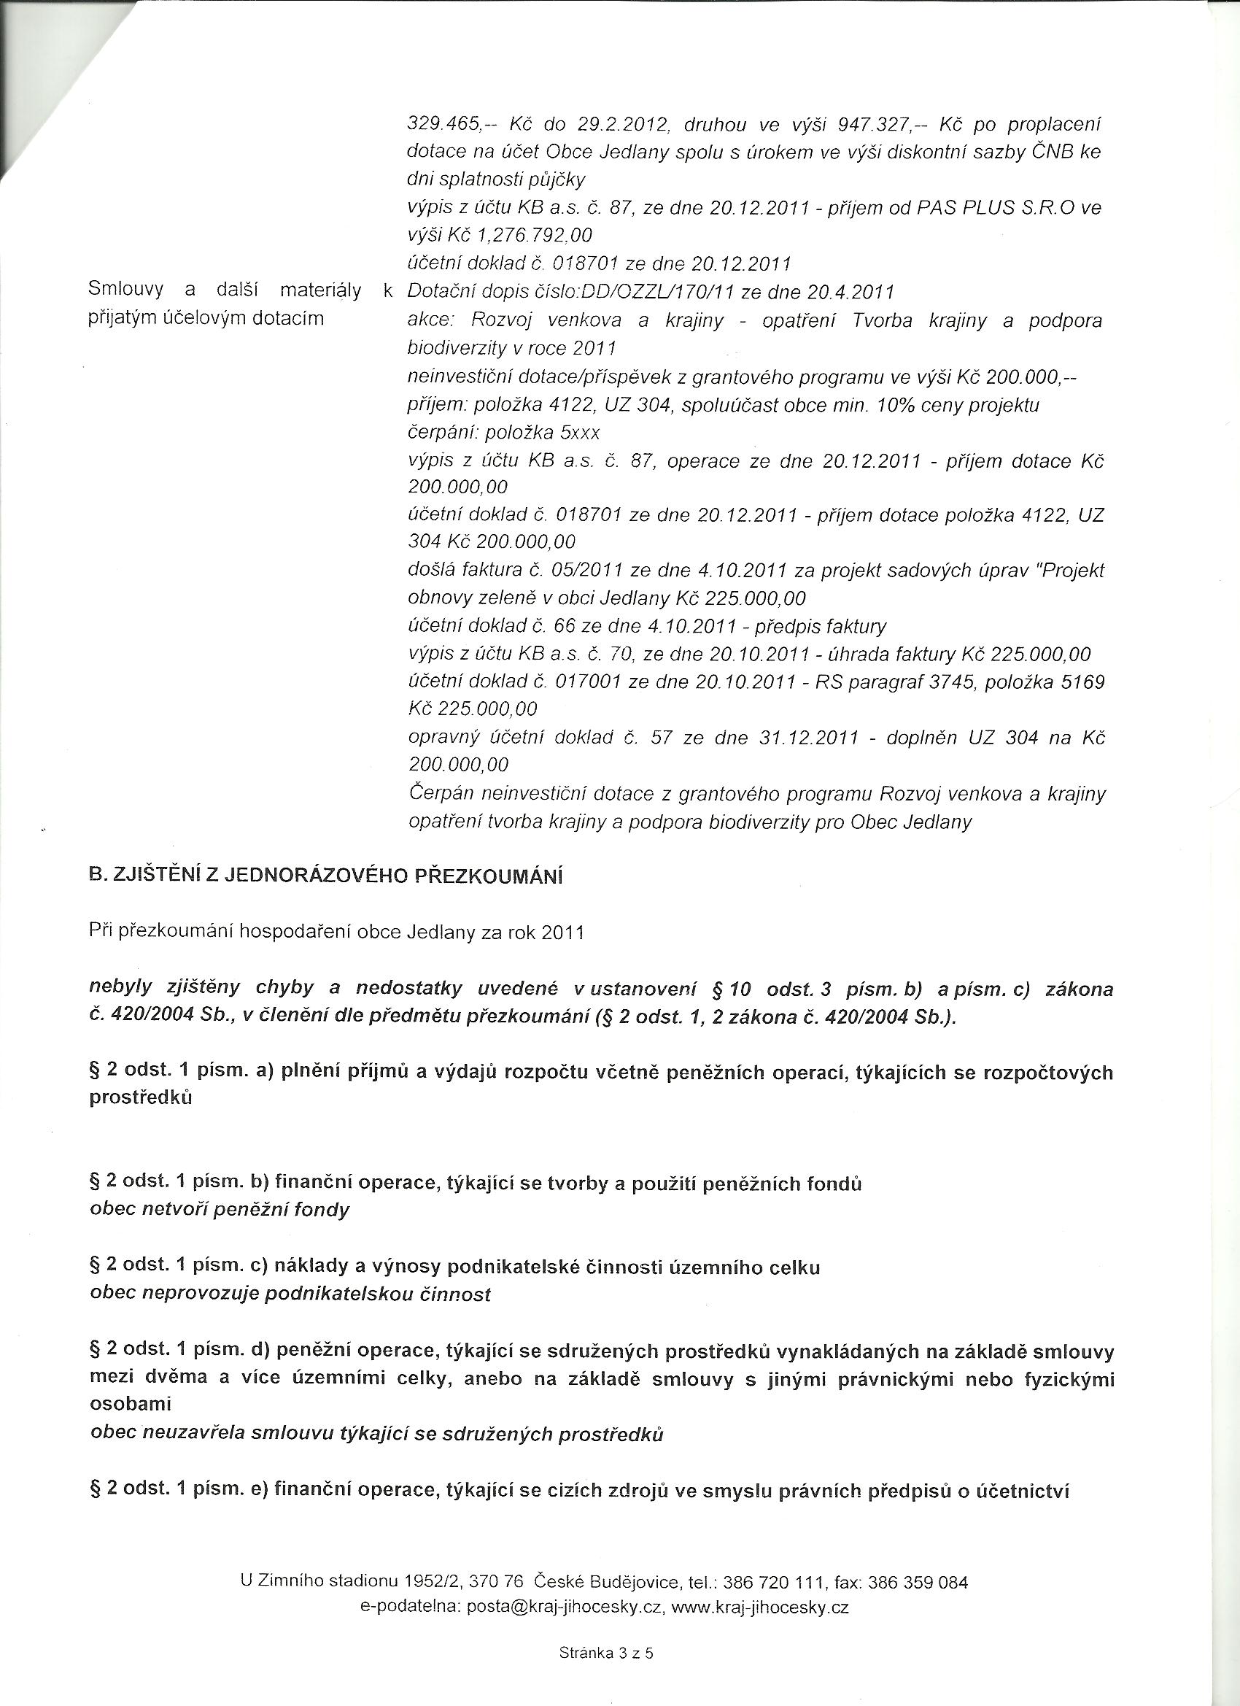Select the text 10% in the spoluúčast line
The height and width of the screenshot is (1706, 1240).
[x=892, y=406]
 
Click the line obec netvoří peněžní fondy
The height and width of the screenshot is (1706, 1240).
[x=220, y=1211]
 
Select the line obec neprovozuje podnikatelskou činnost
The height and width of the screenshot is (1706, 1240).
[x=290, y=1294]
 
